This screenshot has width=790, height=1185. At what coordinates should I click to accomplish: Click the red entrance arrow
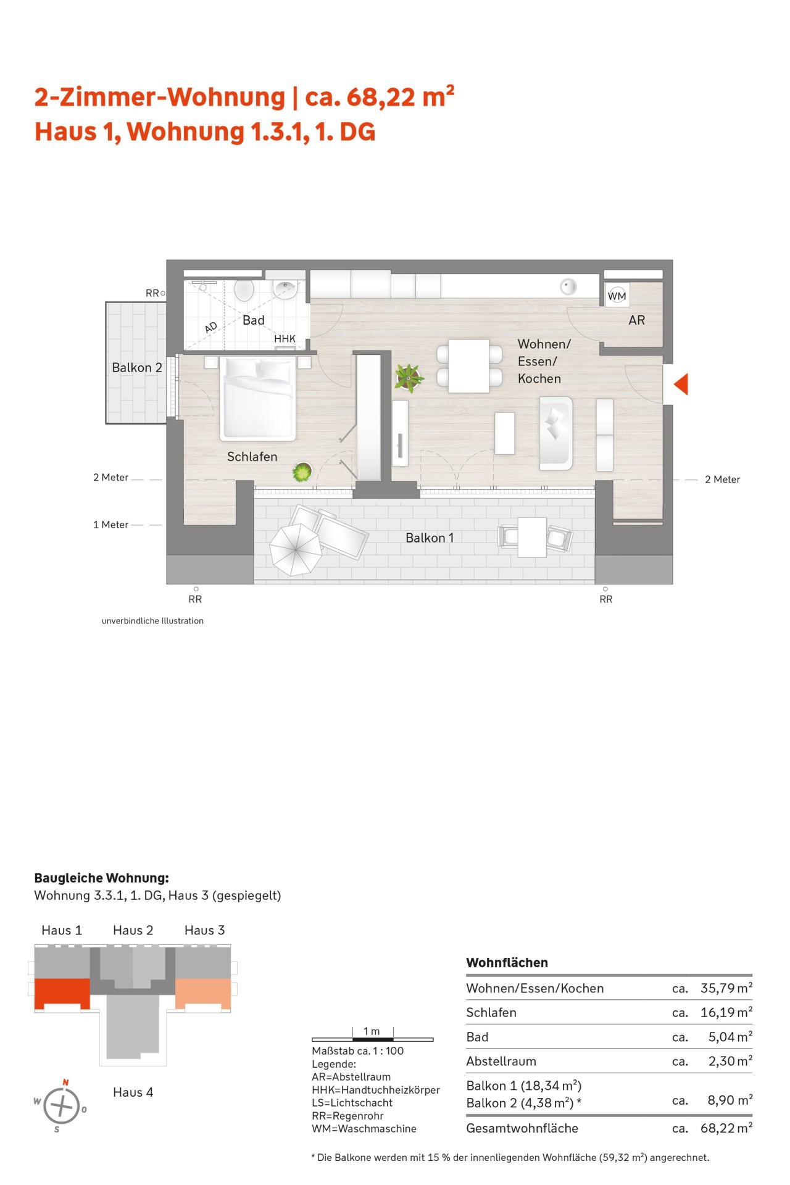(x=681, y=384)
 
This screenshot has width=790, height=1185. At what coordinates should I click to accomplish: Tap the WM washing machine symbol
(x=617, y=296)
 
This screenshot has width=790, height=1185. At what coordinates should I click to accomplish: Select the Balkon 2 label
(x=137, y=368)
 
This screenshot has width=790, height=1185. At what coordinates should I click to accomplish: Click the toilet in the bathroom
(x=244, y=290)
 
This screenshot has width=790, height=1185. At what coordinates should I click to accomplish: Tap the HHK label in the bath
(x=285, y=339)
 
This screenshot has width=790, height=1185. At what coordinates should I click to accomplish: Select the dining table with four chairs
(x=469, y=366)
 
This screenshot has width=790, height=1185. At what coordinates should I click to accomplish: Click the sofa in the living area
(x=556, y=433)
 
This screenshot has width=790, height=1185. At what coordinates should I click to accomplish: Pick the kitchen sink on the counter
(x=568, y=286)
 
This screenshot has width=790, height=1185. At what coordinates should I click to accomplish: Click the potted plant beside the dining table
(x=408, y=378)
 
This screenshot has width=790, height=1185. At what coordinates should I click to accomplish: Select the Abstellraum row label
(x=501, y=1061)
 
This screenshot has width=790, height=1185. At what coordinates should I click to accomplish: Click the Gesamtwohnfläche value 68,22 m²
(x=726, y=1128)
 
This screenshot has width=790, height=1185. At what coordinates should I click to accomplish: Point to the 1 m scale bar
(x=373, y=1039)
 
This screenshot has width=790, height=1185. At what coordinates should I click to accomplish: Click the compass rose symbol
(x=61, y=1105)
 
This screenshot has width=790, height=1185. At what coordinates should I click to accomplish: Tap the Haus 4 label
(x=133, y=1092)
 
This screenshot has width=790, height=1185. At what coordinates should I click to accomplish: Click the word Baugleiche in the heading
(x=67, y=878)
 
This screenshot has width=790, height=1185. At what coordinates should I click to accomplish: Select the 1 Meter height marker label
(x=111, y=525)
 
